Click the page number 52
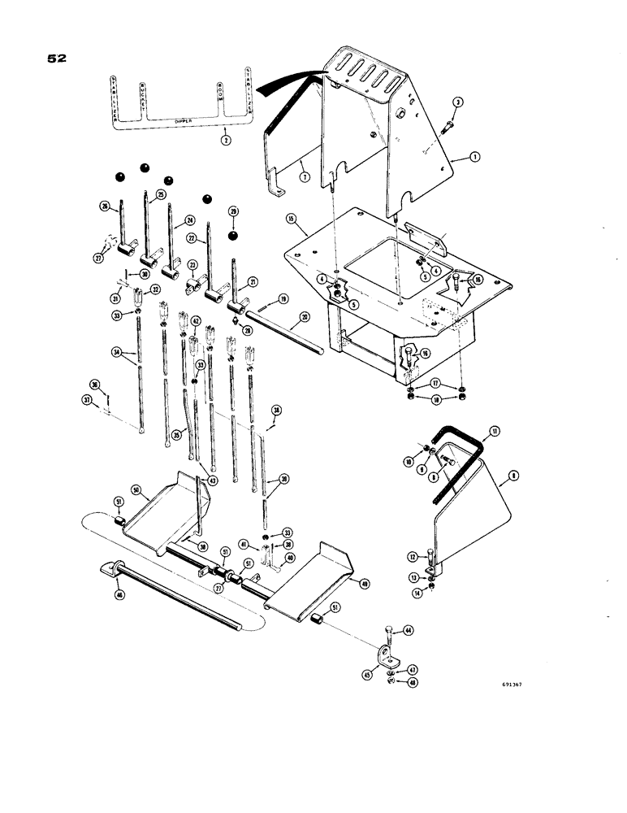pyautogui.click(x=56, y=59)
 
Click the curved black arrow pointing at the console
pyautogui.click(x=288, y=79)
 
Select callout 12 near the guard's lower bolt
pyautogui.click(x=414, y=556)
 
